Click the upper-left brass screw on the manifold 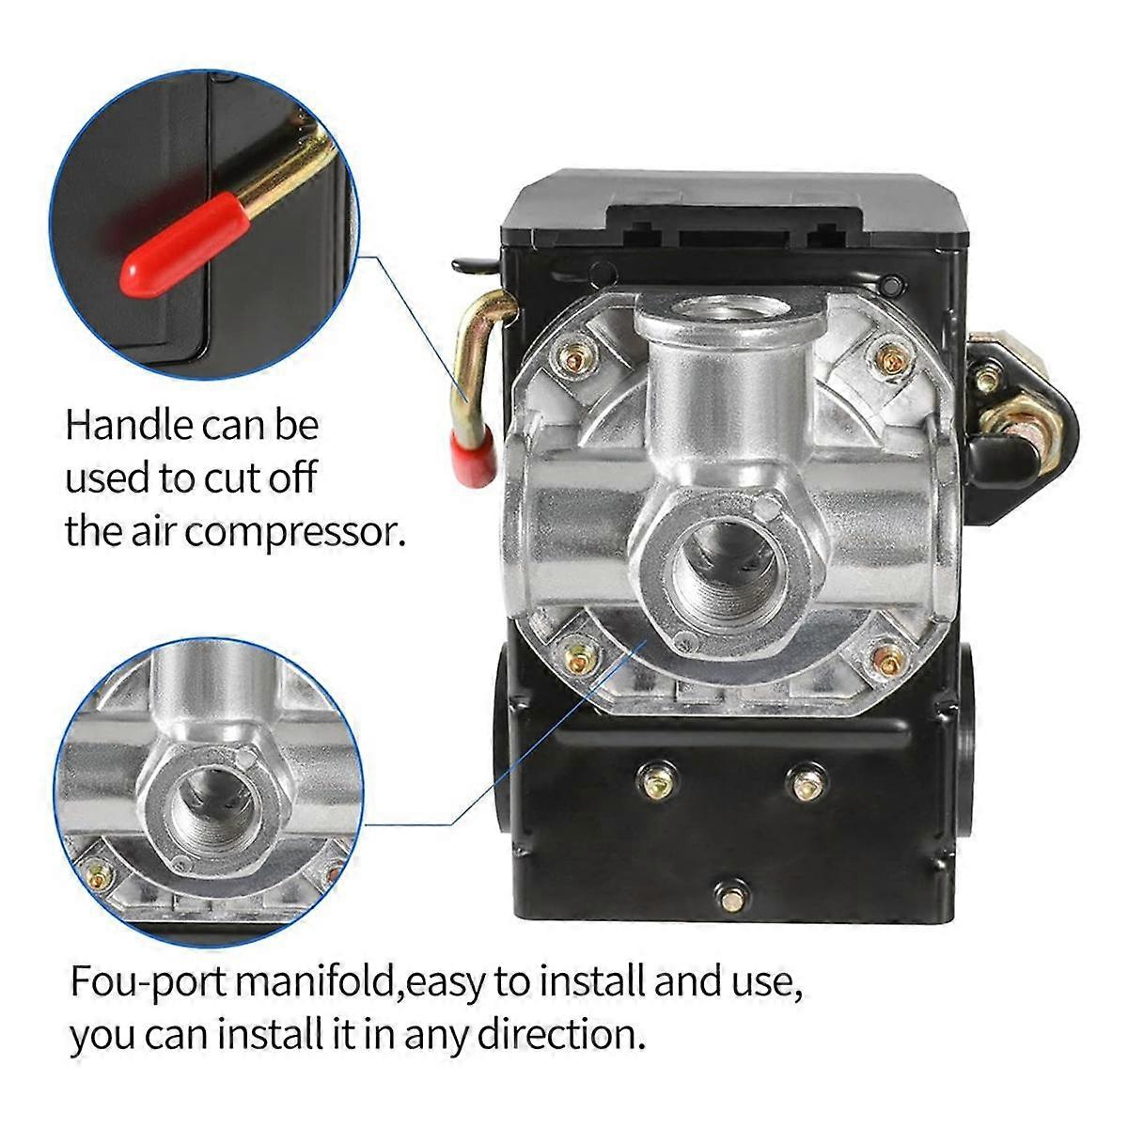[x=574, y=357]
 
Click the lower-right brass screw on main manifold [x=886, y=657]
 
